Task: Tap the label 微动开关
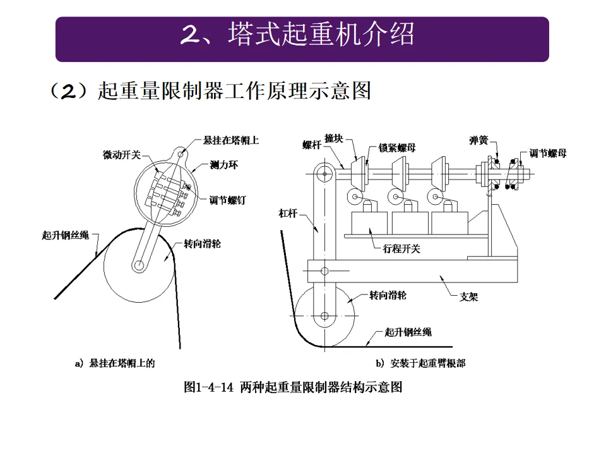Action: point(122,154)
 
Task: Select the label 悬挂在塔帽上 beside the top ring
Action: point(231,140)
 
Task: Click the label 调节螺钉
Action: point(227,200)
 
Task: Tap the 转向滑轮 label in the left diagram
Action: point(203,243)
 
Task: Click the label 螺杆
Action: point(312,145)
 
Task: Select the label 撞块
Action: point(334,138)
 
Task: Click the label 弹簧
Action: point(477,140)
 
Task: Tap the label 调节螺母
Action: point(547,154)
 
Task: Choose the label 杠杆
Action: point(288,214)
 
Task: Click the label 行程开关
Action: point(401,248)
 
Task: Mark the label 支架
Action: point(468,296)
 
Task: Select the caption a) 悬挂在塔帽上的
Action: point(114,363)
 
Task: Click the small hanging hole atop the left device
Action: point(182,152)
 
